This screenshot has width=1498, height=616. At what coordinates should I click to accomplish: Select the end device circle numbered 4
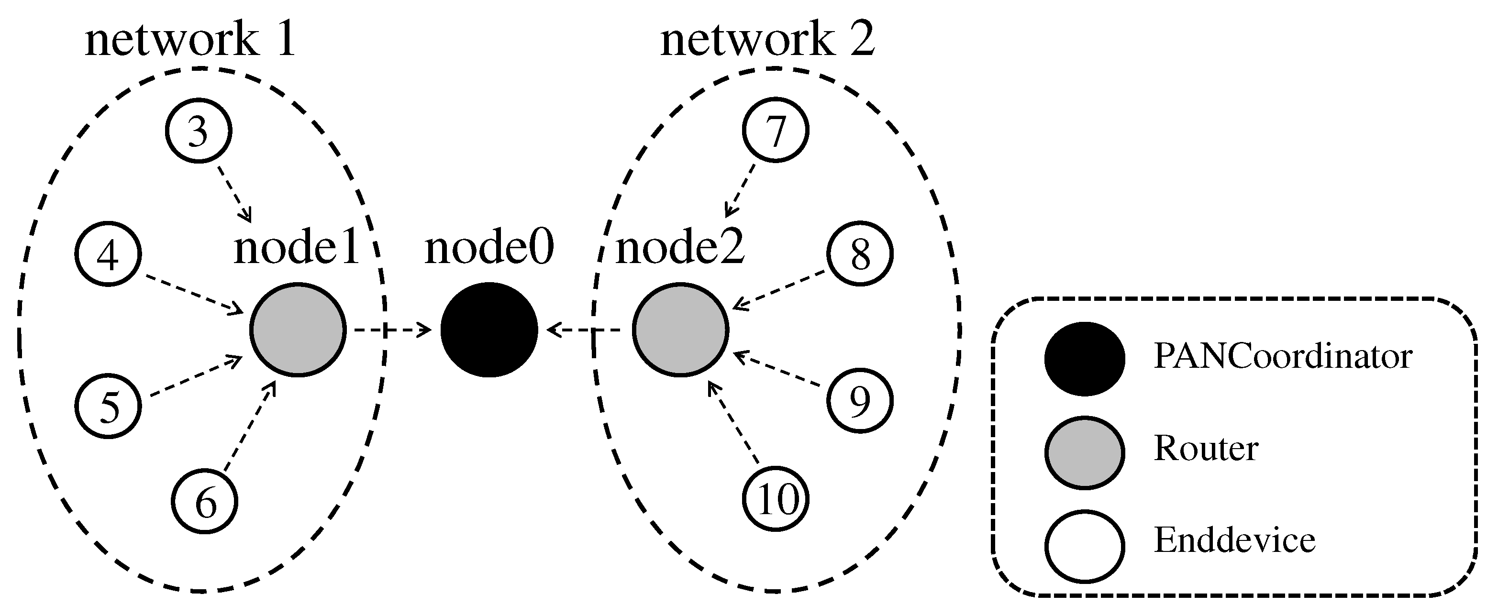point(108,253)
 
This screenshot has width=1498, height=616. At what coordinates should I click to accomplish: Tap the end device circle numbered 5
point(108,406)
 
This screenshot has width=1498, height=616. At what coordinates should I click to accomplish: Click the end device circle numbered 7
point(775,130)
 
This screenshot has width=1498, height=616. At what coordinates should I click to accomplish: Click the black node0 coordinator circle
point(489,330)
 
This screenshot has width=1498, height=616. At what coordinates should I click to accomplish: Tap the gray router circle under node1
point(298,330)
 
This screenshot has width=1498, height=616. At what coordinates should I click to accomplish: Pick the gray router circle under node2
point(680,330)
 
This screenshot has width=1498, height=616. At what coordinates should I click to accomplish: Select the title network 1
point(191,40)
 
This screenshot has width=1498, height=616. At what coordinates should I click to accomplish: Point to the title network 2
point(767,40)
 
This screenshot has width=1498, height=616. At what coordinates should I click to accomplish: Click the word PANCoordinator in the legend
point(1283,356)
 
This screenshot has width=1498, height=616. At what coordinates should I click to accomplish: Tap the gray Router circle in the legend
point(1085,451)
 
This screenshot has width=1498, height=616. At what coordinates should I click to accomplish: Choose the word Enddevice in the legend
point(1234,540)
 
